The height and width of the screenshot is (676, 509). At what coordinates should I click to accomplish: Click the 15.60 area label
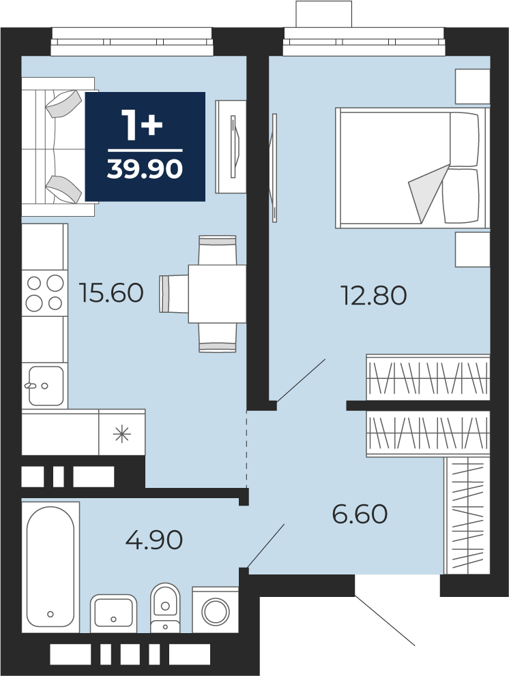[111, 292]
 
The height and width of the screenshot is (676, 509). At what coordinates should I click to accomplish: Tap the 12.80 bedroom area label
[375, 295]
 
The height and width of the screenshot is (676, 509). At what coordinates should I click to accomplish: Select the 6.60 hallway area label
[360, 513]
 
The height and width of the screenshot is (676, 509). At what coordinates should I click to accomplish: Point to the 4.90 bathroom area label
[154, 539]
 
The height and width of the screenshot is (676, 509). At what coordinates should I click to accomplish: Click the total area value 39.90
[145, 168]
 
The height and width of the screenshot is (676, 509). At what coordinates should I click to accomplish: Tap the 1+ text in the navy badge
[142, 125]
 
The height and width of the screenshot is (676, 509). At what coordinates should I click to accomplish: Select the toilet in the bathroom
[165, 607]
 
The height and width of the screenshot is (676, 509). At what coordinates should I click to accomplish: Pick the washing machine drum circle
[216, 611]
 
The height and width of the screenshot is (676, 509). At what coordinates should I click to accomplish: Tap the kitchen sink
[45, 386]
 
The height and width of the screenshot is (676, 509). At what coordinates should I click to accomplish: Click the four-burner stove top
[45, 294]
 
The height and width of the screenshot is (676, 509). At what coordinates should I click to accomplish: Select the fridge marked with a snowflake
[121, 433]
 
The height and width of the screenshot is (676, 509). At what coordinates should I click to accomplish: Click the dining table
[217, 294]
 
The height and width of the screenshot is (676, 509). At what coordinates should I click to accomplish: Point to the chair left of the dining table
[173, 294]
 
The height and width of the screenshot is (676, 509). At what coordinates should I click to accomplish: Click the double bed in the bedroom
[413, 168]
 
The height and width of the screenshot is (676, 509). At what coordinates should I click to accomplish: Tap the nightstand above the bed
[473, 87]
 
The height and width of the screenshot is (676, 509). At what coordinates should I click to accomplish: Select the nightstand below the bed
[473, 249]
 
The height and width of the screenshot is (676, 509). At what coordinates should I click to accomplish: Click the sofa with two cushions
[58, 147]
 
